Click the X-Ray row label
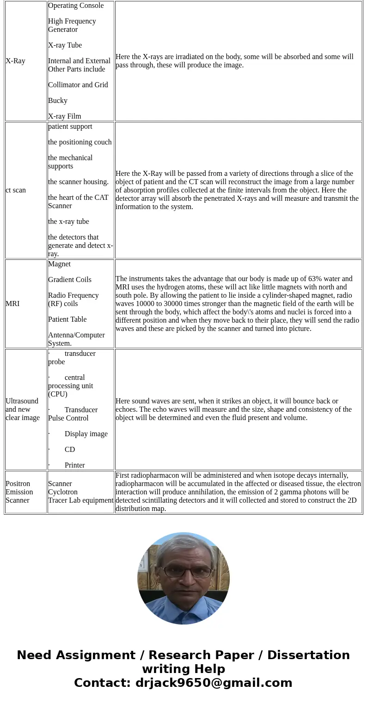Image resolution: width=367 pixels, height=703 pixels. (15, 61)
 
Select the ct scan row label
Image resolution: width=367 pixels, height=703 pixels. (16, 190)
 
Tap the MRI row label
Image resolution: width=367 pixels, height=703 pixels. (12, 304)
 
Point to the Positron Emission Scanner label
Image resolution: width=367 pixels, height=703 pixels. (19, 492)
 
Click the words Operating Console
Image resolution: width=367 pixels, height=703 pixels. (76, 6)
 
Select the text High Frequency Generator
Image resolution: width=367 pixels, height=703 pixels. (72, 25)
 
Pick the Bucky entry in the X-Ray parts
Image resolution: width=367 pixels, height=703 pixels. (58, 101)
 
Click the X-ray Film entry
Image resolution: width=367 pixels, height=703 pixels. (65, 116)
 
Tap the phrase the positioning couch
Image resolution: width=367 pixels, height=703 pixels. (80, 142)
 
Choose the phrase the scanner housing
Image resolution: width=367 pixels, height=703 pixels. (79, 182)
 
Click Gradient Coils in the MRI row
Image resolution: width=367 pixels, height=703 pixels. (70, 280)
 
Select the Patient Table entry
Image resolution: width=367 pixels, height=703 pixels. (67, 319)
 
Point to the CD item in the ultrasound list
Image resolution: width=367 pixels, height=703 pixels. (70, 450)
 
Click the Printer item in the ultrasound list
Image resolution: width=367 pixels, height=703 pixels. (75, 465)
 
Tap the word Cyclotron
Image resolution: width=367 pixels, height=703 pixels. (63, 492)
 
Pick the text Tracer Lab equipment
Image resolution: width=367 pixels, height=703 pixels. (81, 500)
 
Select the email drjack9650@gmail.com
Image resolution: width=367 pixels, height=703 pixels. (214, 683)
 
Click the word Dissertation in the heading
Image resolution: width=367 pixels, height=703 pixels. (308, 655)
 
